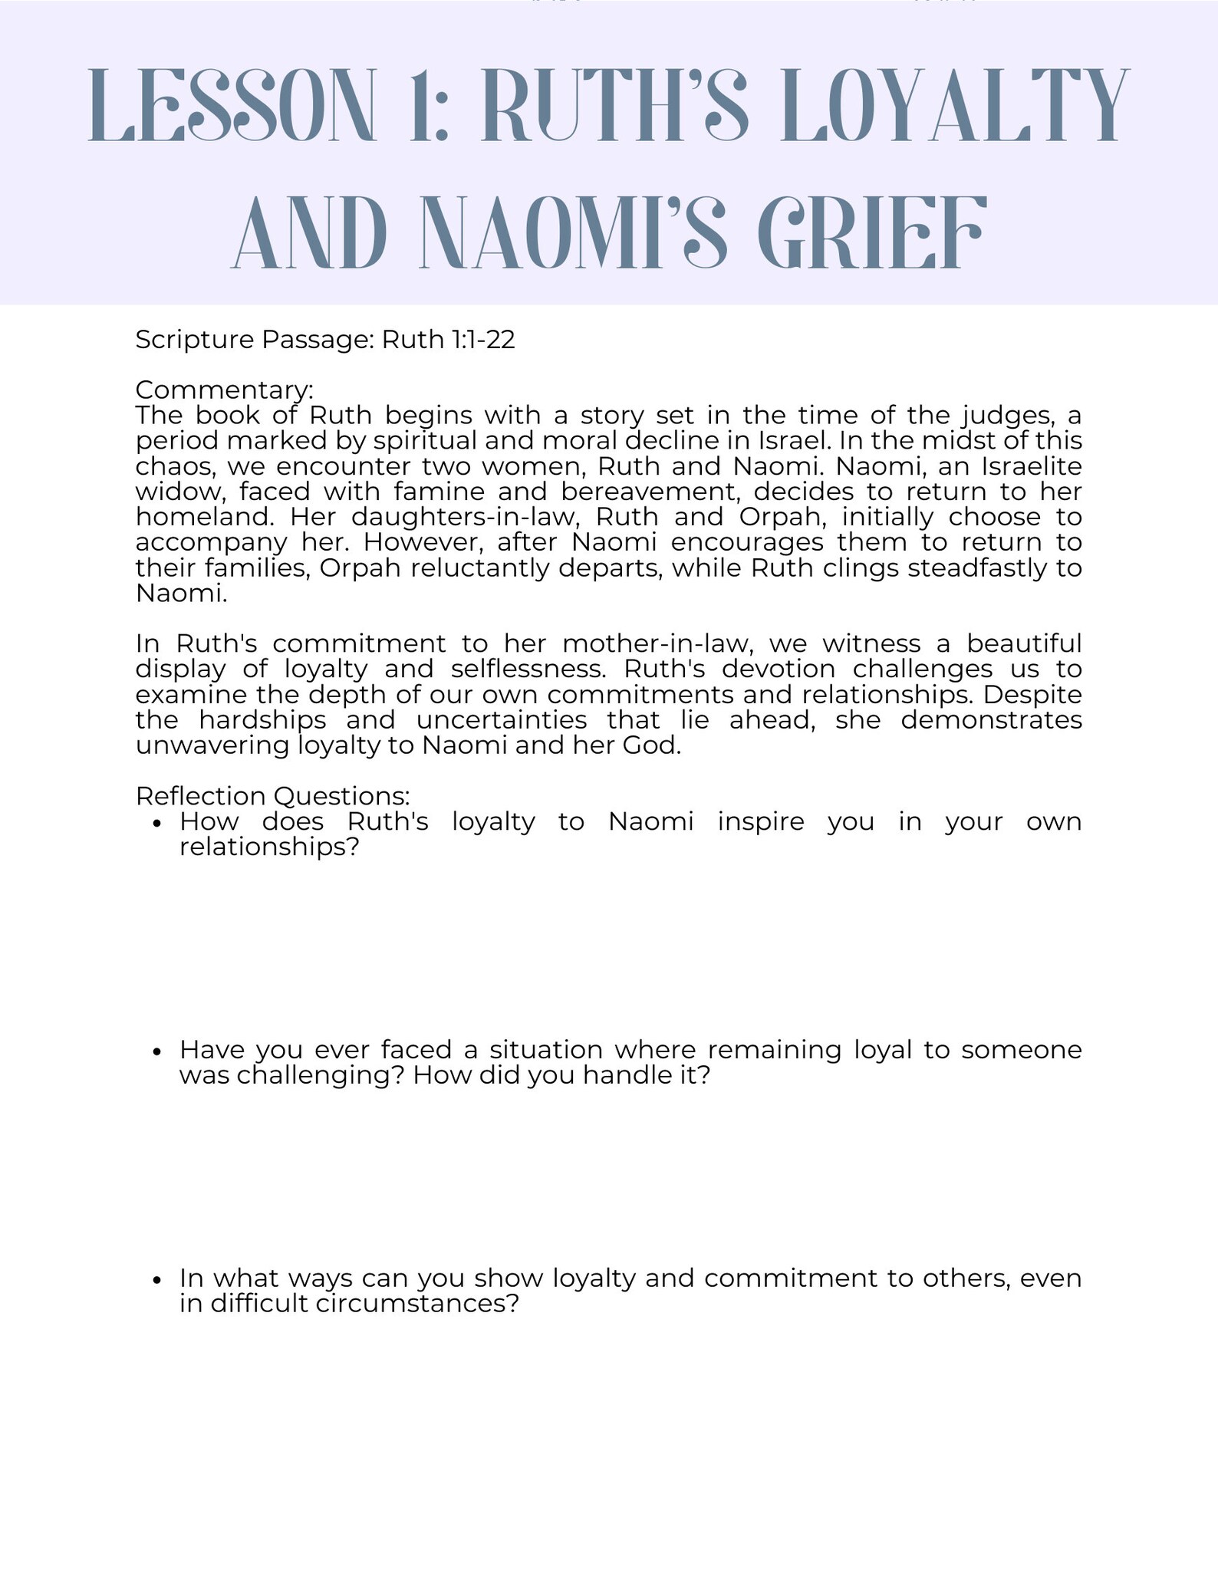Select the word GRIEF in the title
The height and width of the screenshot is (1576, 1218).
[x=870, y=233]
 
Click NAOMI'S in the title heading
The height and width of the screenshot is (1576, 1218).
[x=574, y=233]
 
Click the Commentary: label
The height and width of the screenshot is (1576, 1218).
[x=224, y=390]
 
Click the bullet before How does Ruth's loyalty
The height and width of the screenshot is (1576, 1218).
[x=157, y=824]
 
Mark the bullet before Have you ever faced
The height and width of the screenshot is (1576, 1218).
[x=157, y=1051]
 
